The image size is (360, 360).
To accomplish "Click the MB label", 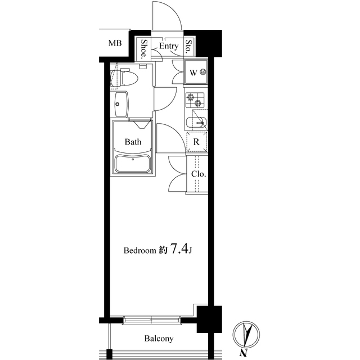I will (115, 43).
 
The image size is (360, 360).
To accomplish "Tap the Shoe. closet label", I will (144, 49).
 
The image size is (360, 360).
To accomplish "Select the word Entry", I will (169, 46).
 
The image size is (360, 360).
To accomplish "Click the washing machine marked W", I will (196, 73).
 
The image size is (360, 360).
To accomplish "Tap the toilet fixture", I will (127, 78).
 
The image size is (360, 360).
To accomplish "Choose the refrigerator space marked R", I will (196, 142).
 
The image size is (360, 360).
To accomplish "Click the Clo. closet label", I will (198, 174).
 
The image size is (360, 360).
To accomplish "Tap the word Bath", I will (133, 142).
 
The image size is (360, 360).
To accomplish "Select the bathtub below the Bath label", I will (132, 165).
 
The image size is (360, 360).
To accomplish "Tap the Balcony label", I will (158, 339).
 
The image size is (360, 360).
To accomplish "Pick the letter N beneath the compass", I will (244, 353).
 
